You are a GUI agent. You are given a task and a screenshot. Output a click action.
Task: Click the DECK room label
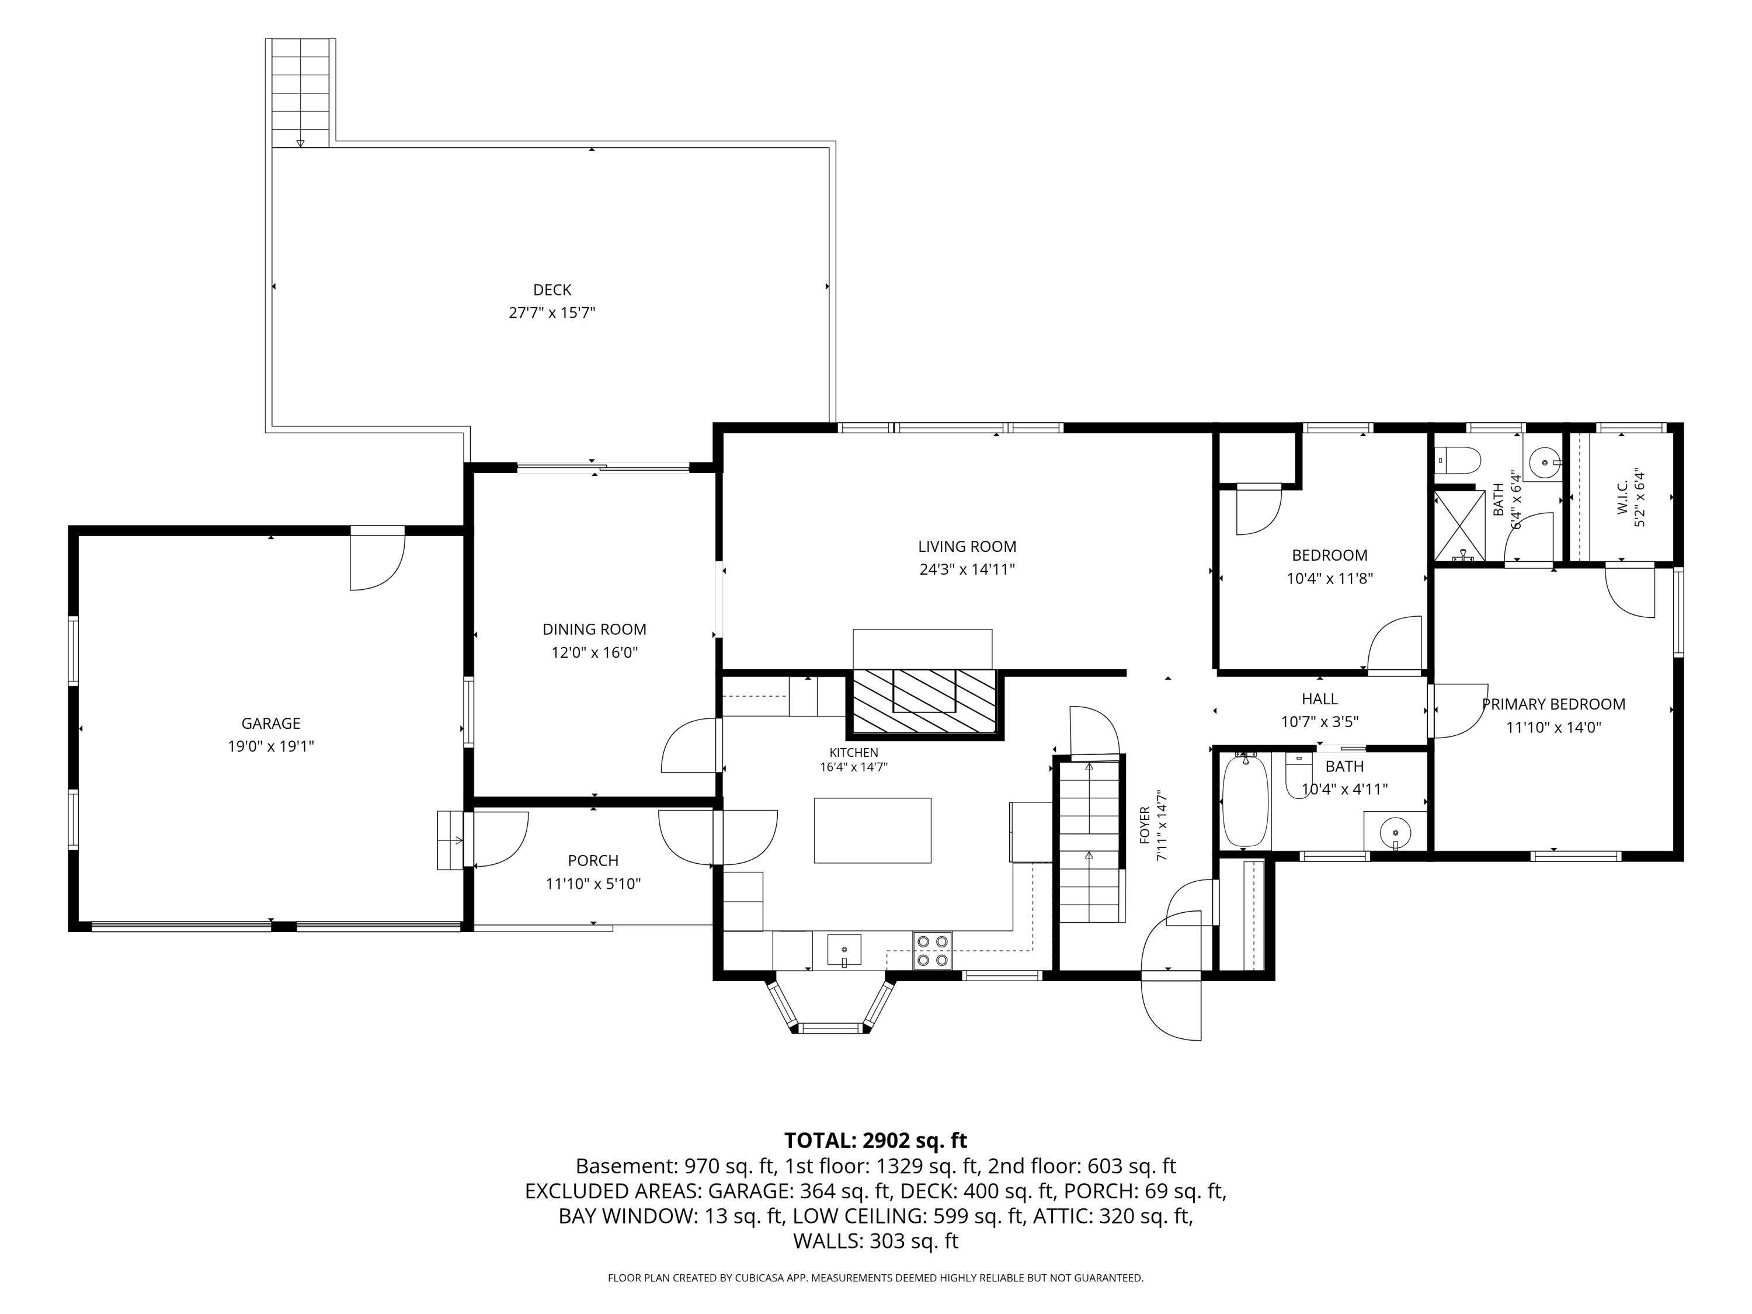[552, 290]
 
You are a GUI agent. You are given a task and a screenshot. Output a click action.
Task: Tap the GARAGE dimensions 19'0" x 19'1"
[271, 746]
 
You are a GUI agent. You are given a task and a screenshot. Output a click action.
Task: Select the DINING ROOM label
[594, 630]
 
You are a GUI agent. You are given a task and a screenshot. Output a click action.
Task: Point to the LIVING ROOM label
[967, 547]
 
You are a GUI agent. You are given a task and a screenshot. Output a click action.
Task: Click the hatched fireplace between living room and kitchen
[923, 703]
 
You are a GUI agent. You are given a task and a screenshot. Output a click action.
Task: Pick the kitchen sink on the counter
[844, 950]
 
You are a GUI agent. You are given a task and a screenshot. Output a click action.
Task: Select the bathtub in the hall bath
[1245, 802]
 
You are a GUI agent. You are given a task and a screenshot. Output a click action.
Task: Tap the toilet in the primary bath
[1457, 460]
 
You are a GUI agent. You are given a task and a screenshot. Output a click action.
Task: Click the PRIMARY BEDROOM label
[1553, 704]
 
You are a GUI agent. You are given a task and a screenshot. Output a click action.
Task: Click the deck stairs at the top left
[300, 93]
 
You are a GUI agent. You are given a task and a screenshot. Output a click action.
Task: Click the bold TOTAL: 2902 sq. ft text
[875, 1141]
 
